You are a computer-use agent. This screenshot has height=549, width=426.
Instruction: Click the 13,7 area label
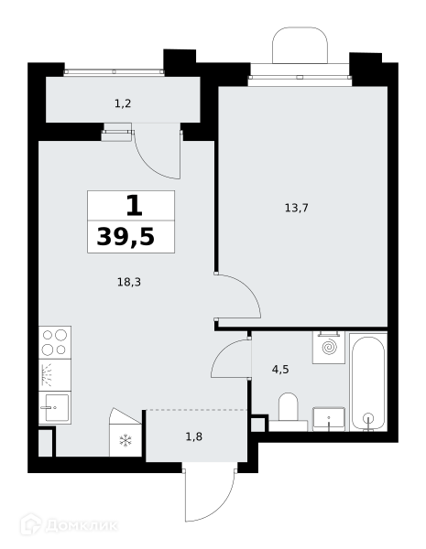tap(296, 209)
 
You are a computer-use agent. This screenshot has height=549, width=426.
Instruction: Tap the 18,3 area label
tap(129, 282)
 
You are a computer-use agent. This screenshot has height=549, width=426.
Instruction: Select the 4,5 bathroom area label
tap(280, 369)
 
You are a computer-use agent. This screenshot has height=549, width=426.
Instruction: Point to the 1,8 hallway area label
tap(194, 436)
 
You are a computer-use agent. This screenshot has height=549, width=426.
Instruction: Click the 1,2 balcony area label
tap(123, 103)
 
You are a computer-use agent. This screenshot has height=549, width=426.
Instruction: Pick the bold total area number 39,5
tap(126, 237)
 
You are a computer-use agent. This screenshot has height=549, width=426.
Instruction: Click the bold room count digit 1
tap(135, 206)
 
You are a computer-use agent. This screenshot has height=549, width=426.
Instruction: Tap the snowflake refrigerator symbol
tap(126, 440)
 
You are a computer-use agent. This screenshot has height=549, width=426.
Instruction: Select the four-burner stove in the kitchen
tap(55, 342)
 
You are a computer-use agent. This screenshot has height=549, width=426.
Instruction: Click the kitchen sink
tap(55, 408)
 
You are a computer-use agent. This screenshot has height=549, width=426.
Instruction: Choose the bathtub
tap(368, 382)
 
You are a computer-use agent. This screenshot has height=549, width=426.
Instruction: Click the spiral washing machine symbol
tap(329, 348)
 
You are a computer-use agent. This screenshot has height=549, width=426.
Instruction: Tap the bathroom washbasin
tap(329, 419)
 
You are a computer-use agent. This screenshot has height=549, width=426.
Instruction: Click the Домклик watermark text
tap(82, 525)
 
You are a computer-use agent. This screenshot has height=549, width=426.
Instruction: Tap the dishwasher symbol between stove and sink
tap(55, 375)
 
